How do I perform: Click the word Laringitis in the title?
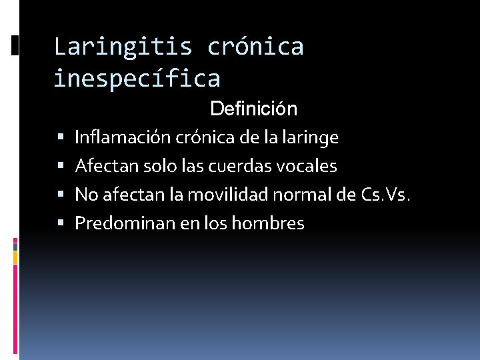(123, 47)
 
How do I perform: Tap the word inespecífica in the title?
(137, 79)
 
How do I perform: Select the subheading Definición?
(253, 108)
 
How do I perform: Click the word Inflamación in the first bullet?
(123, 138)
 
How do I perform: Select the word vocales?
(309, 166)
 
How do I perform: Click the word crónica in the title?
(255, 47)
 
